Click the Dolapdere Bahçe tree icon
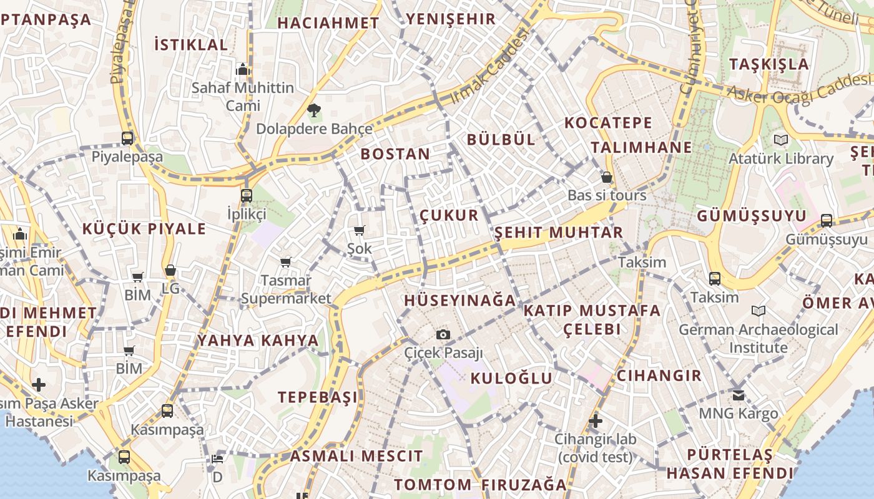click(x=313, y=111)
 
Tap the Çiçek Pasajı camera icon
click(x=443, y=335)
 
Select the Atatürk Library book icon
click(x=780, y=140)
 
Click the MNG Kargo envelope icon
click(x=739, y=395)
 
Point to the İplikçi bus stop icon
click(x=247, y=196)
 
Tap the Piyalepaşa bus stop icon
click(x=127, y=138)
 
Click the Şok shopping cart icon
click(x=359, y=231)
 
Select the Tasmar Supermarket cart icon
click(x=286, y=262)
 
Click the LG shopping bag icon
click(x=170, y=270)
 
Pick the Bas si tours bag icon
click(x=606, y=177)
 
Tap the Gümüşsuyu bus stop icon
click(x=827, y=220)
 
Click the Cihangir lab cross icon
click(x=596, y=421)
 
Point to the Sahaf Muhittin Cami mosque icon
click(x=243, y=69)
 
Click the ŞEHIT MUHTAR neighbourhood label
click(x=559, y=233)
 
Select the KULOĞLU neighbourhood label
click(x=511, y=378)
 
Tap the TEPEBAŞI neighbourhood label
click(x=318, y=397)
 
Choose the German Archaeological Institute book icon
click(x=759, y=311)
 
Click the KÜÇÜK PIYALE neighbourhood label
click(x=144, y=229)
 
